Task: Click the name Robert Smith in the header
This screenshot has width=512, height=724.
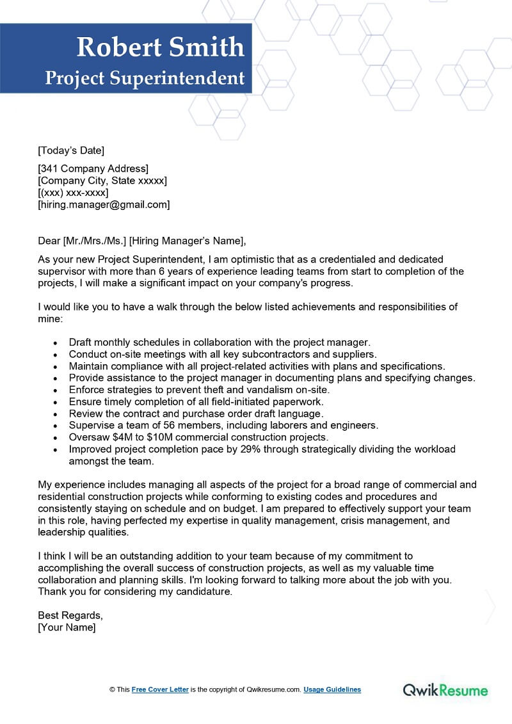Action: click(x=160, y=47)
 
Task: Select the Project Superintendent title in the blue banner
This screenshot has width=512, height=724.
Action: click(x=145, y=78)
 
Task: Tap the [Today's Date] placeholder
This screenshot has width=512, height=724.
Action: click(x=71, y=150)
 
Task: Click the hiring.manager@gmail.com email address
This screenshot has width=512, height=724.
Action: click(x=104, y=205)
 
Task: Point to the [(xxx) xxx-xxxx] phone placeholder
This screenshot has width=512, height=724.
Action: click(x=73, y=193)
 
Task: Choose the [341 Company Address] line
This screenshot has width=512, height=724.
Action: click(x=93, y=169)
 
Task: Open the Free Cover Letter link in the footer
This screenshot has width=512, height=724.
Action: click(x=160, y=689)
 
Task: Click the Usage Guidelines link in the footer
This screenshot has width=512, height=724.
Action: click(x=332, y=689)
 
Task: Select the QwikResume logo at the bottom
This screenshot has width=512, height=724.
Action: click(x=445, y=690)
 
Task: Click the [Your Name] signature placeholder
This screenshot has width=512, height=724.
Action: click(x=67, y=627)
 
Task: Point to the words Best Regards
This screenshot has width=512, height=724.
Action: click(x=70, y=615)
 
